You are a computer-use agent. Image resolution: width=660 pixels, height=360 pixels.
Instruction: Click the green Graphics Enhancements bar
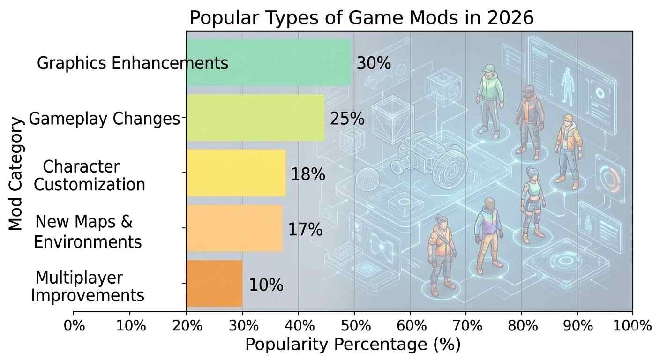pyautogui.click(x=268, y=62)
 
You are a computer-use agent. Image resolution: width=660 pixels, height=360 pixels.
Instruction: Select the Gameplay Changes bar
pyautogui.click(x=255, y=118)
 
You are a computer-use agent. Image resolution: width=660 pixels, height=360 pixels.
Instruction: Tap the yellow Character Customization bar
pyautogui.click(x=236, y=173)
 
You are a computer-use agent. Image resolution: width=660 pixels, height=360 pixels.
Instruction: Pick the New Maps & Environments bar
pyautogui.click(x=234, y=228)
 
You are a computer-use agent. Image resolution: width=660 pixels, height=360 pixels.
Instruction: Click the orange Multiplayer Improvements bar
pyautogui.click(x=214, y=284)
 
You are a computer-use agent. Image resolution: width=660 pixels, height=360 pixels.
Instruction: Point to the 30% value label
pyautogui.click(x=374, y=63)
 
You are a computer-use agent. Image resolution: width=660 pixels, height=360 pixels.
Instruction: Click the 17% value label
pyautogui.click(x=305, y=230)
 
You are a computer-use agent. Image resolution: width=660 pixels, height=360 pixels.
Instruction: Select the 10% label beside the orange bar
pyautogui.click(x=266, y=285)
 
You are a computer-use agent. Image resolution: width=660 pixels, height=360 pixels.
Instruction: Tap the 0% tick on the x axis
pyautogui.click(x=74, y=326)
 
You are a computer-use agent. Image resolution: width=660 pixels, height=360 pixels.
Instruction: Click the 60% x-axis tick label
pyautogui.click(x=410, y=326)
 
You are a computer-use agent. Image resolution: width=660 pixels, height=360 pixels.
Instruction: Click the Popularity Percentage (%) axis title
pyautogui.click(x=352, y=345)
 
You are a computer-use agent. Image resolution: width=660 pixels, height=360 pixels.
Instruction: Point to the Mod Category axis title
pyautogui.click(x=16, y=174)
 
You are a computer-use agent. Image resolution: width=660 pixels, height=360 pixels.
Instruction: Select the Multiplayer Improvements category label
pyautogui.click(x=88, y=287)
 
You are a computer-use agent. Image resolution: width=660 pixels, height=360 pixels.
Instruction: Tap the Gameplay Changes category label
pyautogui.click(x=104, y=119)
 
